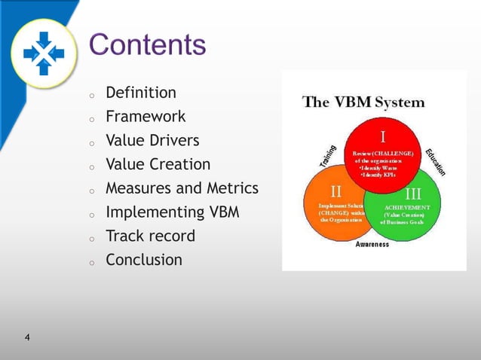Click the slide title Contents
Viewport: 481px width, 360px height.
coord(147,44)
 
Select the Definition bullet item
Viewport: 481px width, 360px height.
coord(141,93)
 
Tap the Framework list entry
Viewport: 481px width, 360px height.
coord(146,117)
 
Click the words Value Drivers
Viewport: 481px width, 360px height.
coord(152,141)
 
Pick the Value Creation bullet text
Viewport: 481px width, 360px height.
coord(158,164)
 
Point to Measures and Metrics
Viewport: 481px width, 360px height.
coord(182,188)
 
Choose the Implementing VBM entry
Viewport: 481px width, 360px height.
coord(172,212)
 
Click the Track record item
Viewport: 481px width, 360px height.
coord(150,236)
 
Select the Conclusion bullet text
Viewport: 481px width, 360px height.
coord(143,260)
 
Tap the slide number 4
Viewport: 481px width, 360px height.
coord(27,337)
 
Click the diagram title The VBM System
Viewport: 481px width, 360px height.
coord(363,102)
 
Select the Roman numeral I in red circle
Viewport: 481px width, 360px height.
coord(383,137)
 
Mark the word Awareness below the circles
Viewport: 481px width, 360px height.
coord(372,245)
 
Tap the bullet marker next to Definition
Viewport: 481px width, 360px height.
coord(90,96)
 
